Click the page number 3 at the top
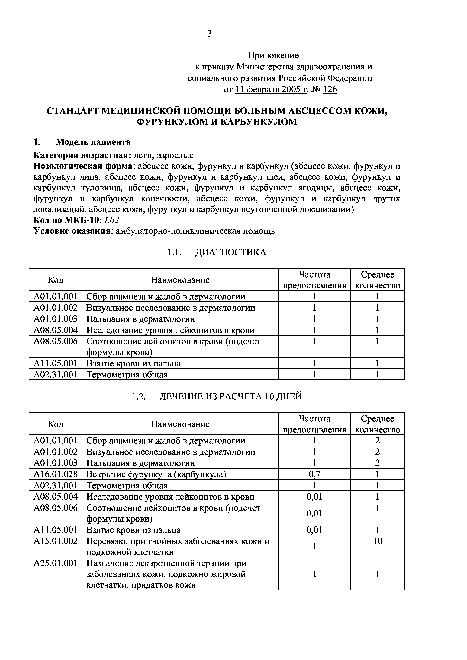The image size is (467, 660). click(x=209, y=34)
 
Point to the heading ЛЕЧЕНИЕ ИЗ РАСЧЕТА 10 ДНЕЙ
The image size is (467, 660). click(x=231, y=396)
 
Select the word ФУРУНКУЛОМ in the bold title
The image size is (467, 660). click(x=172, y=122)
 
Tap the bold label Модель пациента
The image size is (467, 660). click(x=93, y=142)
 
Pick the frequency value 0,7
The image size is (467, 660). click(x=314, y=474)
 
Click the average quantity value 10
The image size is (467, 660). click(x=378, y=541)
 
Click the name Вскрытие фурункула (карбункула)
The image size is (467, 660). click(x=156, y=474)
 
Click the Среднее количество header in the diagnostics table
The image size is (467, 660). click(x=378, y=280)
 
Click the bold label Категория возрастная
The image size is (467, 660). click(x=82, y=156)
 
